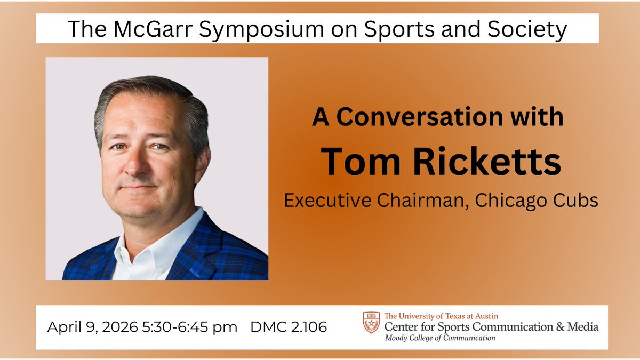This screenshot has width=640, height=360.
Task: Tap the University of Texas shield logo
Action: click(371, 323)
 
